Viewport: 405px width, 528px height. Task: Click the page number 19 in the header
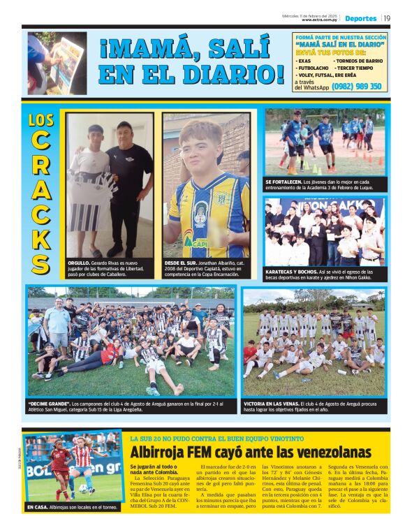(x=387, y=18)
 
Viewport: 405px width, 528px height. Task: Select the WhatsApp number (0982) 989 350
(x=356, y=87)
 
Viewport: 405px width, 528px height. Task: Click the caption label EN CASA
(x=38, y=507)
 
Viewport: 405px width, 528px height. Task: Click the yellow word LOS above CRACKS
(x=41, y=120)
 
